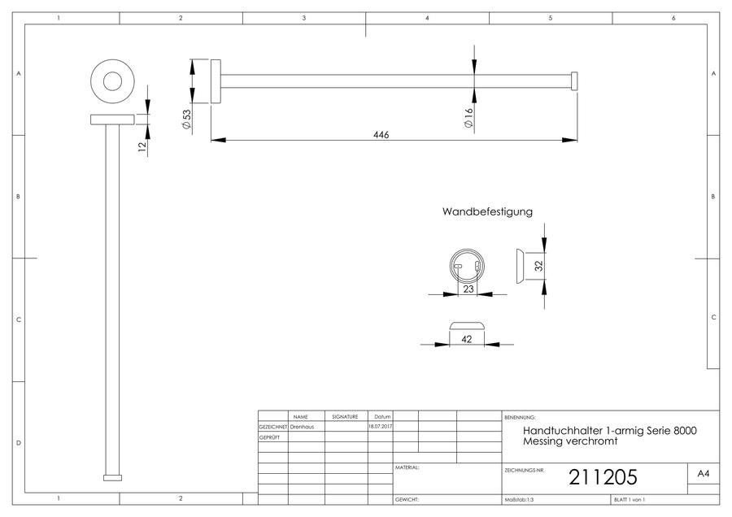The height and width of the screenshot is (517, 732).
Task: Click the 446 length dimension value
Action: point(381,135)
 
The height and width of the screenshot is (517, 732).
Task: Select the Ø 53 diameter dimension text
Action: point(187,120)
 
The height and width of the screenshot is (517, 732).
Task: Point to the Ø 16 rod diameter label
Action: point(468,118)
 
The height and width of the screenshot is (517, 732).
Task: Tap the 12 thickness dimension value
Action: point(142,146)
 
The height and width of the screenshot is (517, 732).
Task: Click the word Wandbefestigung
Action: point(487,211)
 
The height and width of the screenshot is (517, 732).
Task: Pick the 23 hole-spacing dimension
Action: point(468,289)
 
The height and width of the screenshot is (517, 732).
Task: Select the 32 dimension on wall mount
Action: point(538,266)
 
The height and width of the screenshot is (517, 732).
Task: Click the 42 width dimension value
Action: point(466,339)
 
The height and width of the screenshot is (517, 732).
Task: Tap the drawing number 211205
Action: point(603,477)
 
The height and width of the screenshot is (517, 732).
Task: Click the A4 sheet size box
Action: point(703,474)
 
